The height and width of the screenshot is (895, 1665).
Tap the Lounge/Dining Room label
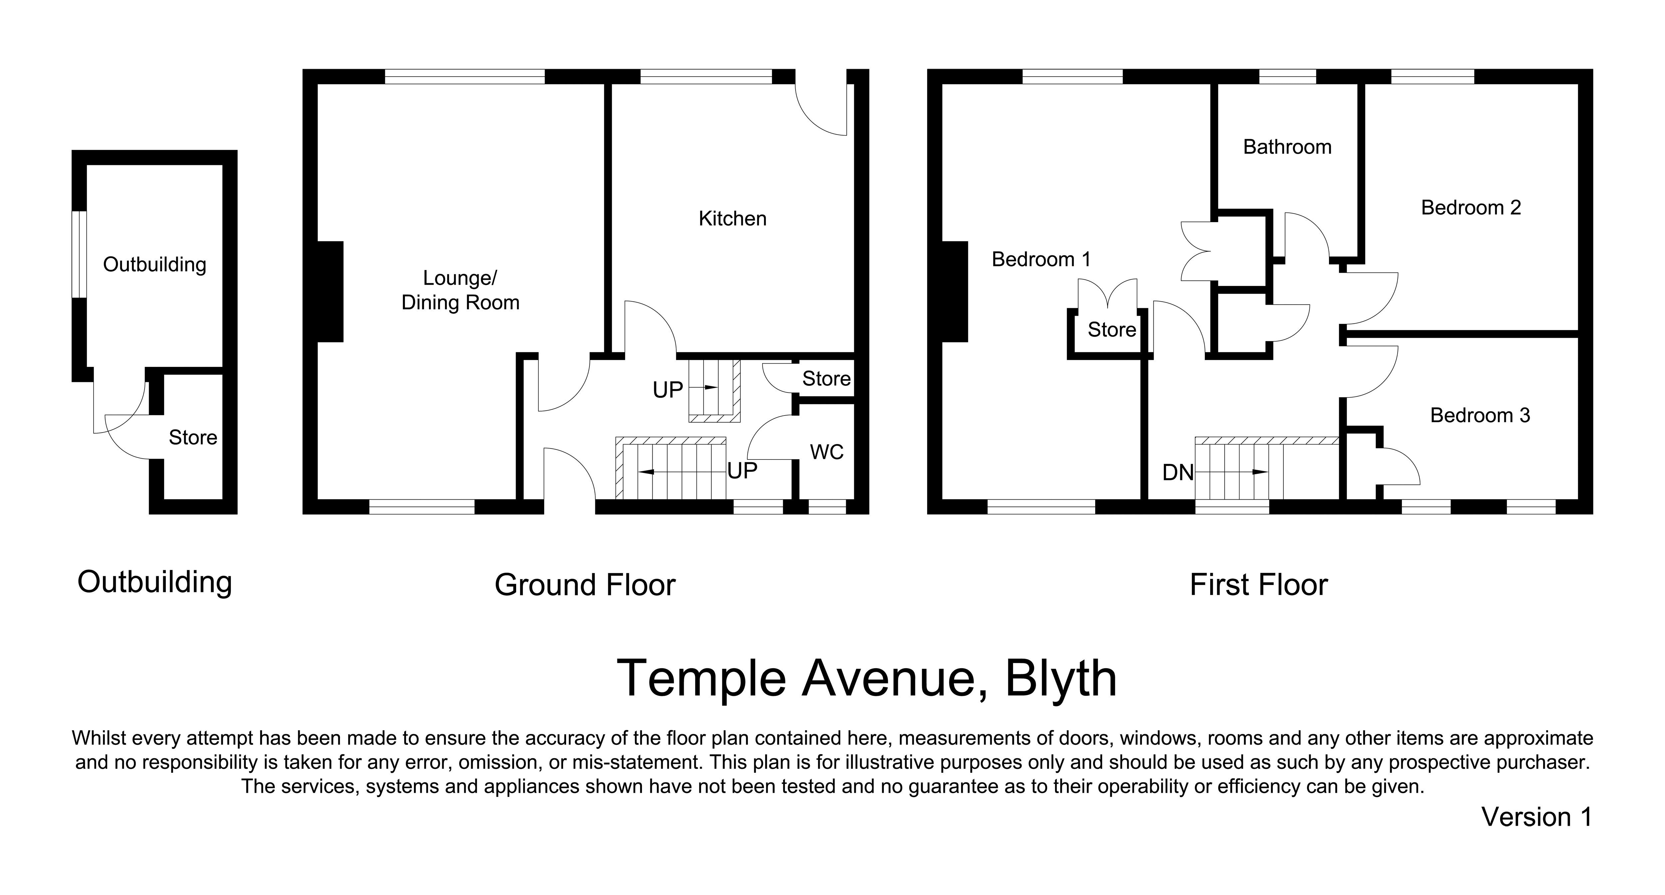pos(460,290)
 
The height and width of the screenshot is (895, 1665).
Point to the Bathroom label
pos(1287,148)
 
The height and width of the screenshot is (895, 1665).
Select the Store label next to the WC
pos(826,379)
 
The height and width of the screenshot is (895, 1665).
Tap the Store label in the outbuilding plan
pos(192,438)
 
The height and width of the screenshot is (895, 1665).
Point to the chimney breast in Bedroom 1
pos(955,291)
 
